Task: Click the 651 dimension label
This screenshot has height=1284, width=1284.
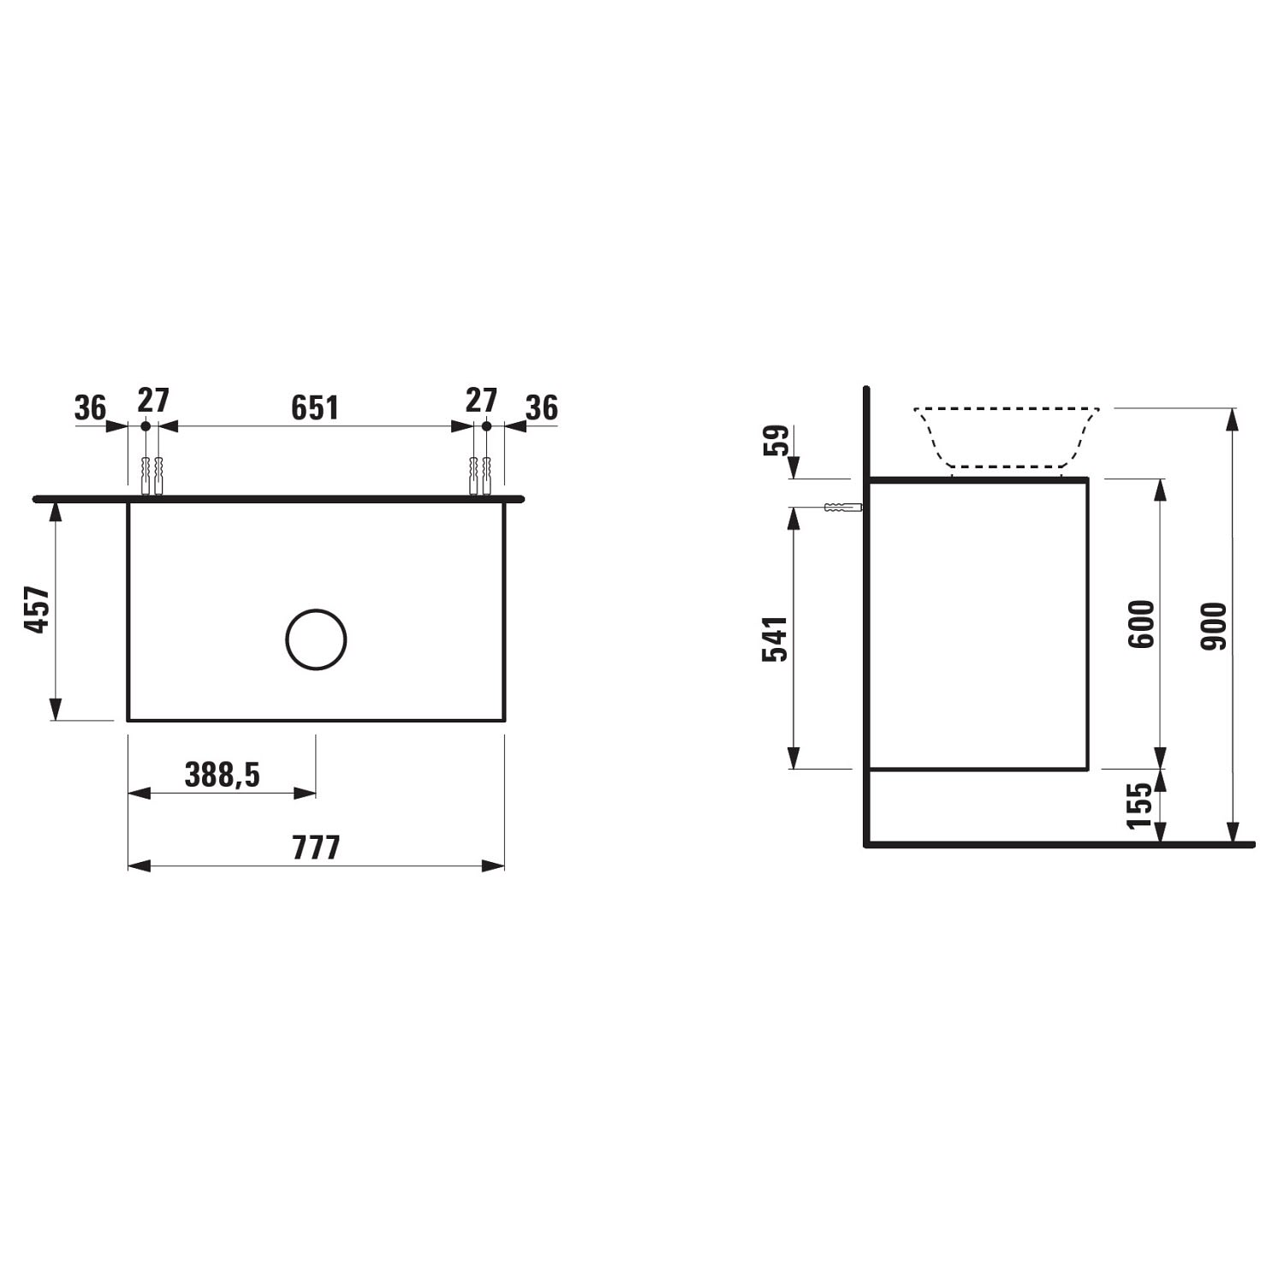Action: pyautogui.click(x=315, y=407)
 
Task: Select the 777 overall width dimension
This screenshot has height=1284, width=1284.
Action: pyautogui.click(x=317, y=847)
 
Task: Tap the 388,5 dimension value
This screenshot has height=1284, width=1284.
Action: pyautogui.click(x=222, y=775)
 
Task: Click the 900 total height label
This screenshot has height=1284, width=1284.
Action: pyautogui.click(x=1214, y=626)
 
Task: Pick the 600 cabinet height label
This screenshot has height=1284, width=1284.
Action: pyautogui.click(x=1141, y=624)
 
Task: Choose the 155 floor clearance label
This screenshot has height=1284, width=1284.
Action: pyautogui.click(x=1140, y=805)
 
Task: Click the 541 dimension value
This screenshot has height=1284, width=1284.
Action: pyautogui.click(x=775, y=639)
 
